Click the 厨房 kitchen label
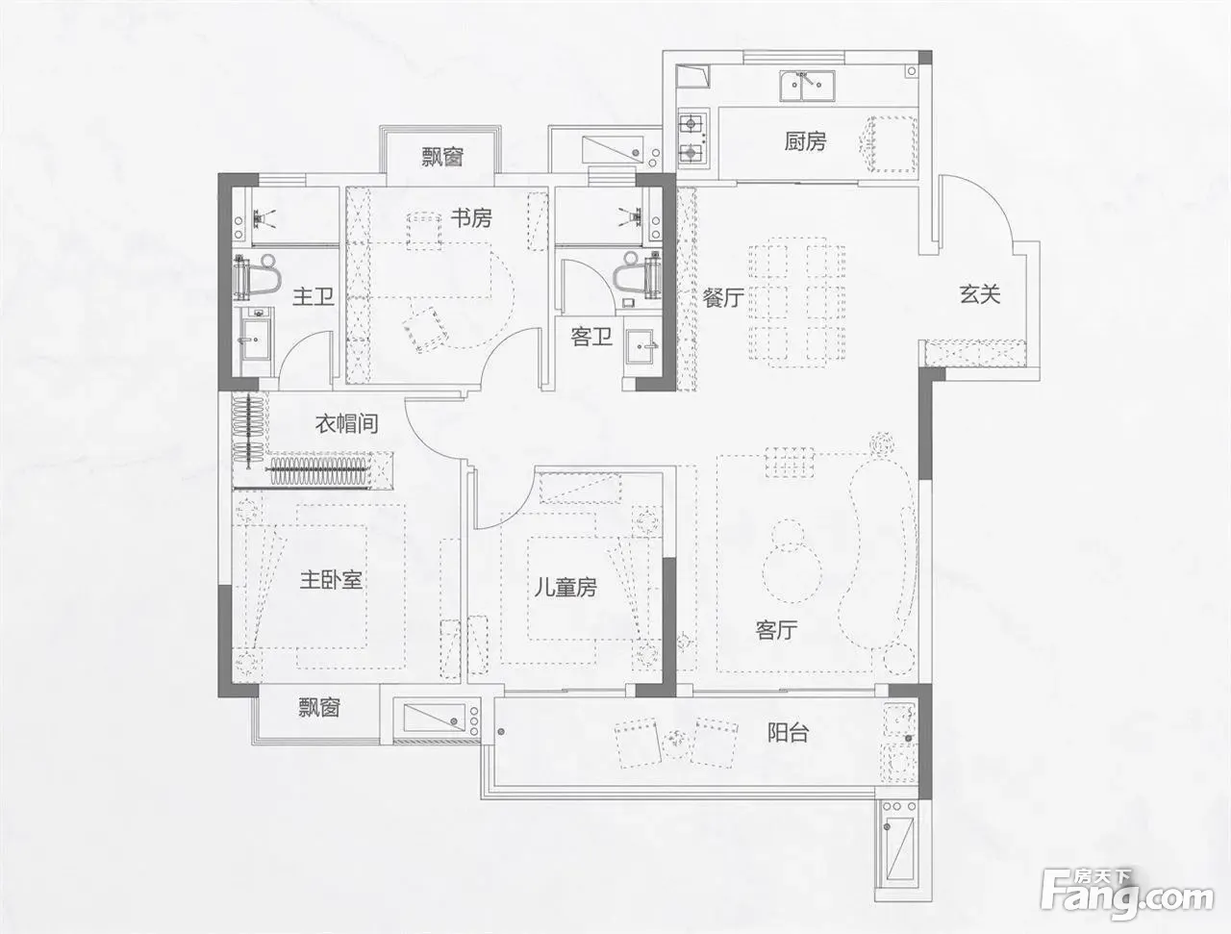tap(805, 141)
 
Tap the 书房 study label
tap(471, 217)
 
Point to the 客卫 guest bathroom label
tap(591, 337)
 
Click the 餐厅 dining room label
tap(723, 297)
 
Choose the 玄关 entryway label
tap(980, 294)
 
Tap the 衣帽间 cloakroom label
tap(346, 423)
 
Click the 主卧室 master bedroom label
tap(331, 579)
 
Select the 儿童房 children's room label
tap(565, 588)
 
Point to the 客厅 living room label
tap(776, 630)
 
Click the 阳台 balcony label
tap(788, 732)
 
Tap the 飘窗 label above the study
tap(442, 157)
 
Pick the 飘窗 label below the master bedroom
tap(318, 707)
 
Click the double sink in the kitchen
tap(807, 86)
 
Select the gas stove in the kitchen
tap(692, 138)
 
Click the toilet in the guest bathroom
tap(637, 275)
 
